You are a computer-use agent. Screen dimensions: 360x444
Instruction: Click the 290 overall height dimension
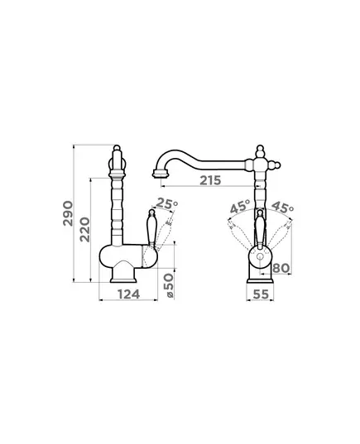68,213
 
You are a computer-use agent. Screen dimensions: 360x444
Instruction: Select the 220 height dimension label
84,229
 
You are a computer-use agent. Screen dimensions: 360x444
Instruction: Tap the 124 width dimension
129,294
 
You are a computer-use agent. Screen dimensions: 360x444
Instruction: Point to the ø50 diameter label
169,285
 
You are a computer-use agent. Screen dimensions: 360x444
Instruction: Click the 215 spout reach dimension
210,180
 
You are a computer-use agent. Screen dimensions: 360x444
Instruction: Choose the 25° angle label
167,203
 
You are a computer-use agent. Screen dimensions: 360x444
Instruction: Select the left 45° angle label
240,207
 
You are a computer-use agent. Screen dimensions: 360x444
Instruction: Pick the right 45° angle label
282,207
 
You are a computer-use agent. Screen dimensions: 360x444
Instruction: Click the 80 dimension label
281,268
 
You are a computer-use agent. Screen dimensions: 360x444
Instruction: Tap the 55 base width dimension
261,294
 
